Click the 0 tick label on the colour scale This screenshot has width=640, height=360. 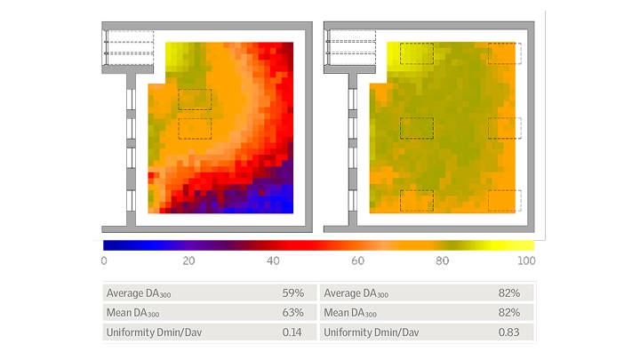104,260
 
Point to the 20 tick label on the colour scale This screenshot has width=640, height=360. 188,260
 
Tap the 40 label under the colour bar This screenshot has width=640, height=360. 275,260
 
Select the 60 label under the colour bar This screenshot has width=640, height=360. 358,260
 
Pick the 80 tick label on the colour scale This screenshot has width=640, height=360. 444,260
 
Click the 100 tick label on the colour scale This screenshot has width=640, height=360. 526,260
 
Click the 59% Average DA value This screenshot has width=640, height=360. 293,292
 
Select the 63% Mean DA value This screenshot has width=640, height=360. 293,312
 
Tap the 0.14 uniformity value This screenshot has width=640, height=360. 293,332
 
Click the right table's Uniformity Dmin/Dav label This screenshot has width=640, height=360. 371,332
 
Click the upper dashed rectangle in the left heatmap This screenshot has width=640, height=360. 195,99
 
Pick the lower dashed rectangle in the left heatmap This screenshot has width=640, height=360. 195,128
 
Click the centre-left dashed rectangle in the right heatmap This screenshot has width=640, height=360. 416,128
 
